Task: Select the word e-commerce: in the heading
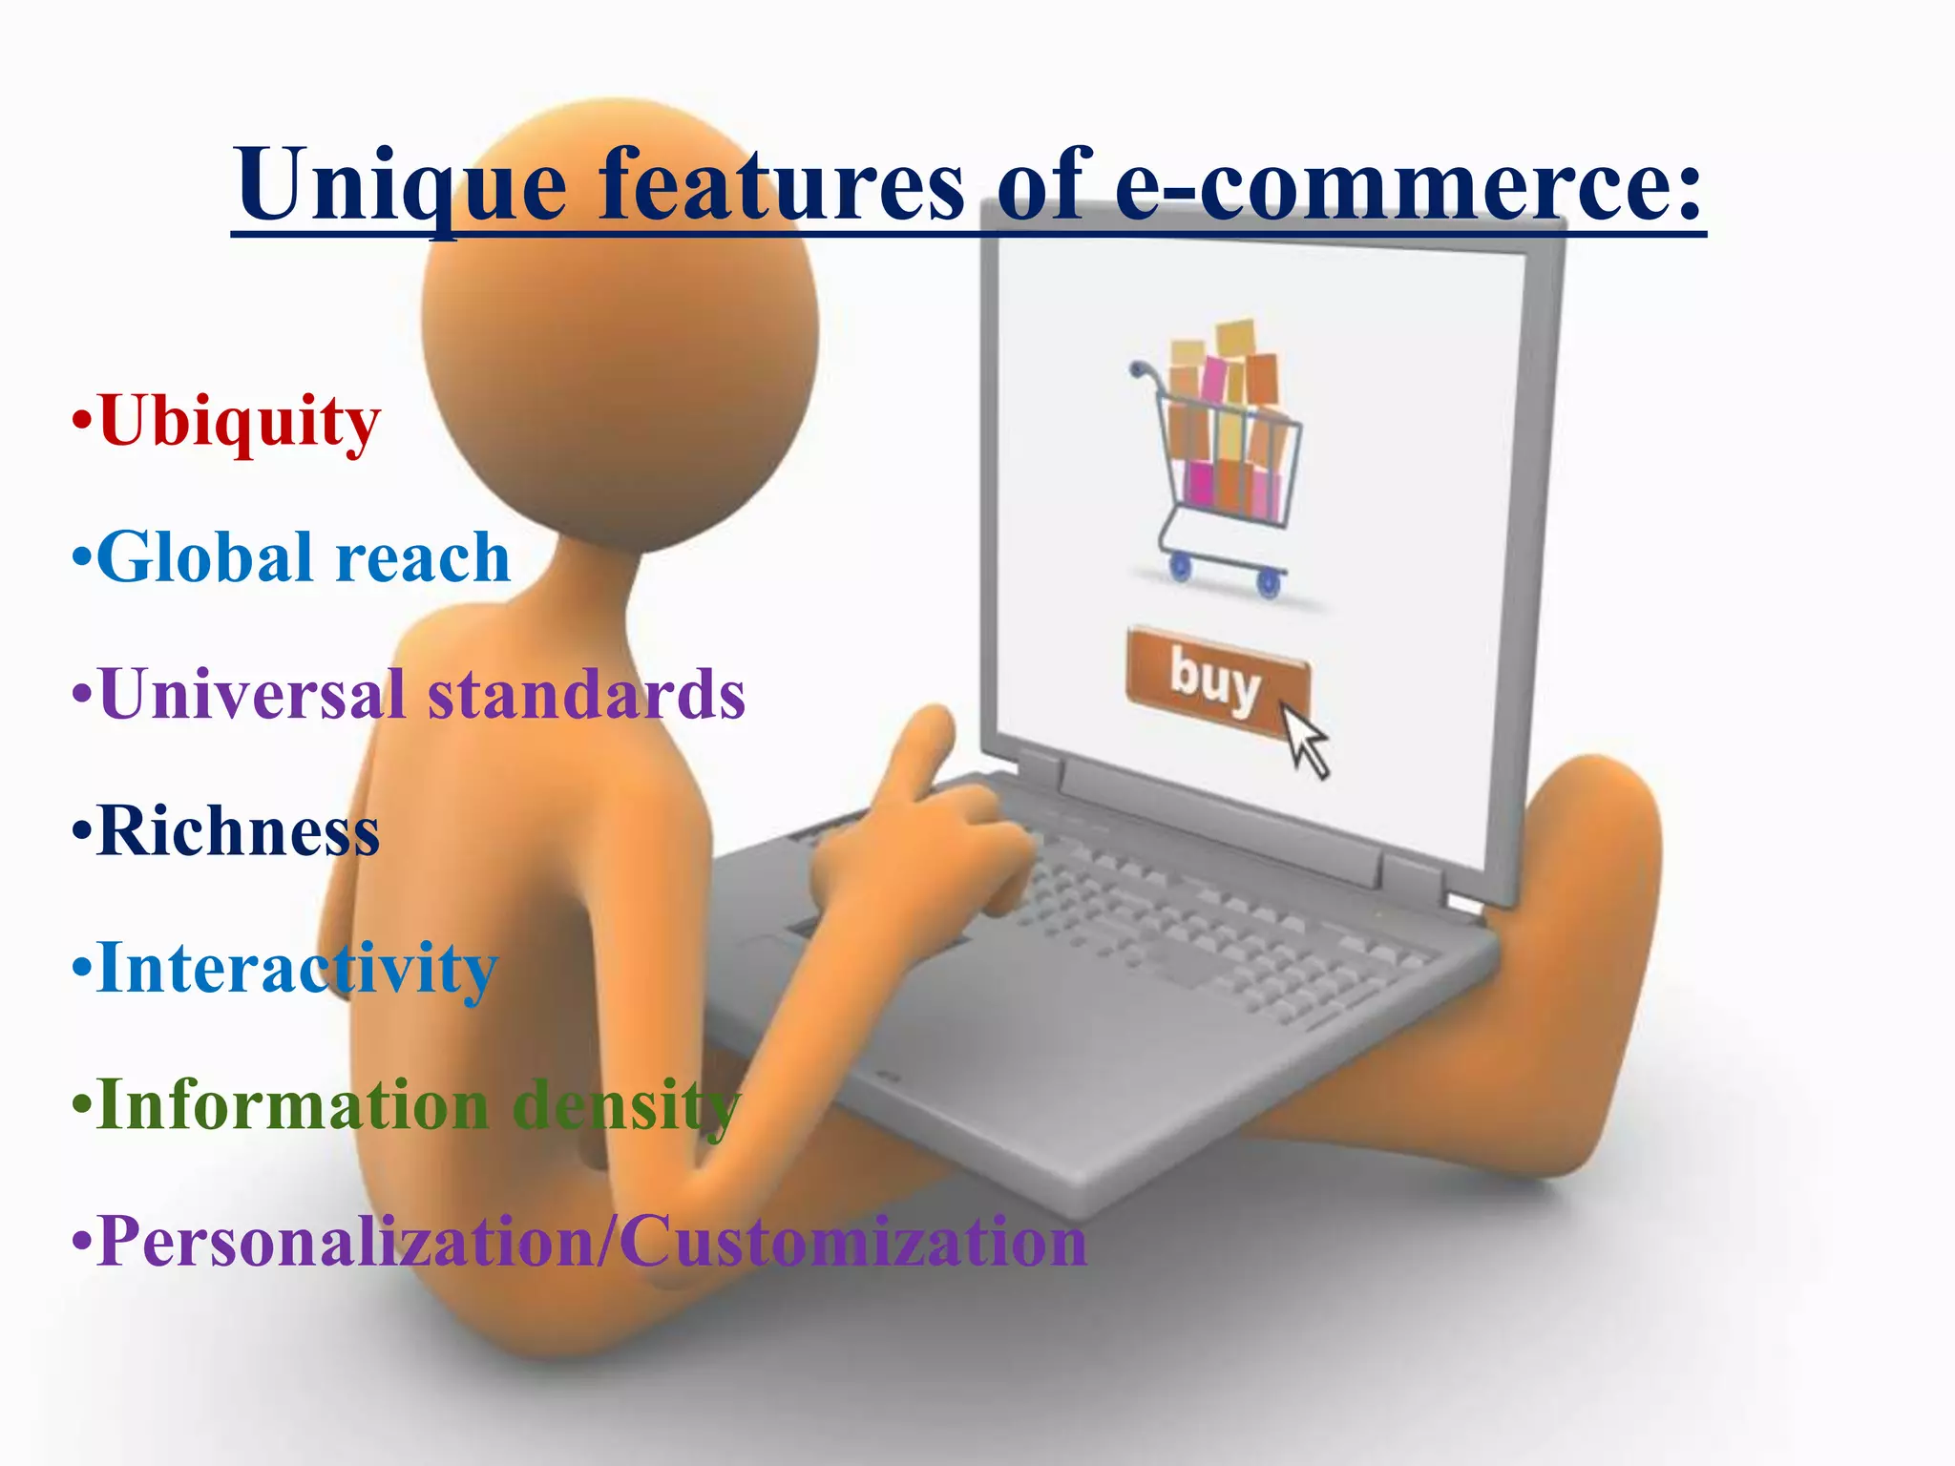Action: [1409, 186]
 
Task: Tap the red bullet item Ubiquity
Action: [239, 422]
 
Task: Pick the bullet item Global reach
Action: [304, 557]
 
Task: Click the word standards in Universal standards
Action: [586, 694]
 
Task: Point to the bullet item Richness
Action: [239, 831]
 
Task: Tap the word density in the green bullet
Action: [625, 1105]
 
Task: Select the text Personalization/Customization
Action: [592, 1242]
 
